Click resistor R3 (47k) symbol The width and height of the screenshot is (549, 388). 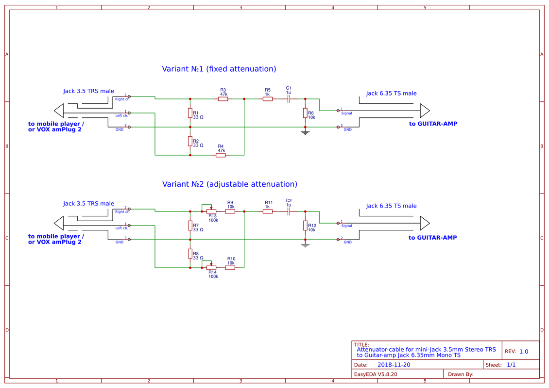[x=223, y=99]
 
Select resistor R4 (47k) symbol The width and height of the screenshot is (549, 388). [x=221, y=155]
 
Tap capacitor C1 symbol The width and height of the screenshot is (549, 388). [x=289, y=99]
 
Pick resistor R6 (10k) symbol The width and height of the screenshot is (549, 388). [x=305, y=113]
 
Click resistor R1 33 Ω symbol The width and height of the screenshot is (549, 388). [x=190, y=113]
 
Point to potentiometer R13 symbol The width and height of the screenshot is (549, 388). [x=211, y=211]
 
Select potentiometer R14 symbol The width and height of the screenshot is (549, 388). [x=211, y=268]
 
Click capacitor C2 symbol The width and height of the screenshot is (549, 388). [x=289, y=211]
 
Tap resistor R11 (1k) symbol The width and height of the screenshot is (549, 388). [x=268, y=211]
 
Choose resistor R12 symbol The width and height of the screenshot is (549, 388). [x=305, y=226]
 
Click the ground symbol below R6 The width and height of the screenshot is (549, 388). [x=305, y=132]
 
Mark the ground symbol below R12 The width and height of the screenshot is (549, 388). [x=305, y=244]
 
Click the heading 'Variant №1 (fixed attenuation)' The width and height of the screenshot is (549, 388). [x=219, y=69]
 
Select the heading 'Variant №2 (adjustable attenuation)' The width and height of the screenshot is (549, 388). [x=229, y=184]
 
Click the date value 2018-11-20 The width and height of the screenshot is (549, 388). [x=394, y=365]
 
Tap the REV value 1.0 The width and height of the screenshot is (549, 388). [x=523, y=352]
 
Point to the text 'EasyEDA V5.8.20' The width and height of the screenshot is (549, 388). [x=376, y=374]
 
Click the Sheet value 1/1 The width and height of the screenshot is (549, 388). [x=511, y=365]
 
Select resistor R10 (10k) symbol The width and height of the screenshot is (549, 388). [x=230, y=268]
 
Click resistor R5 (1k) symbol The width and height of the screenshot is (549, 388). [x=268, y=99]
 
